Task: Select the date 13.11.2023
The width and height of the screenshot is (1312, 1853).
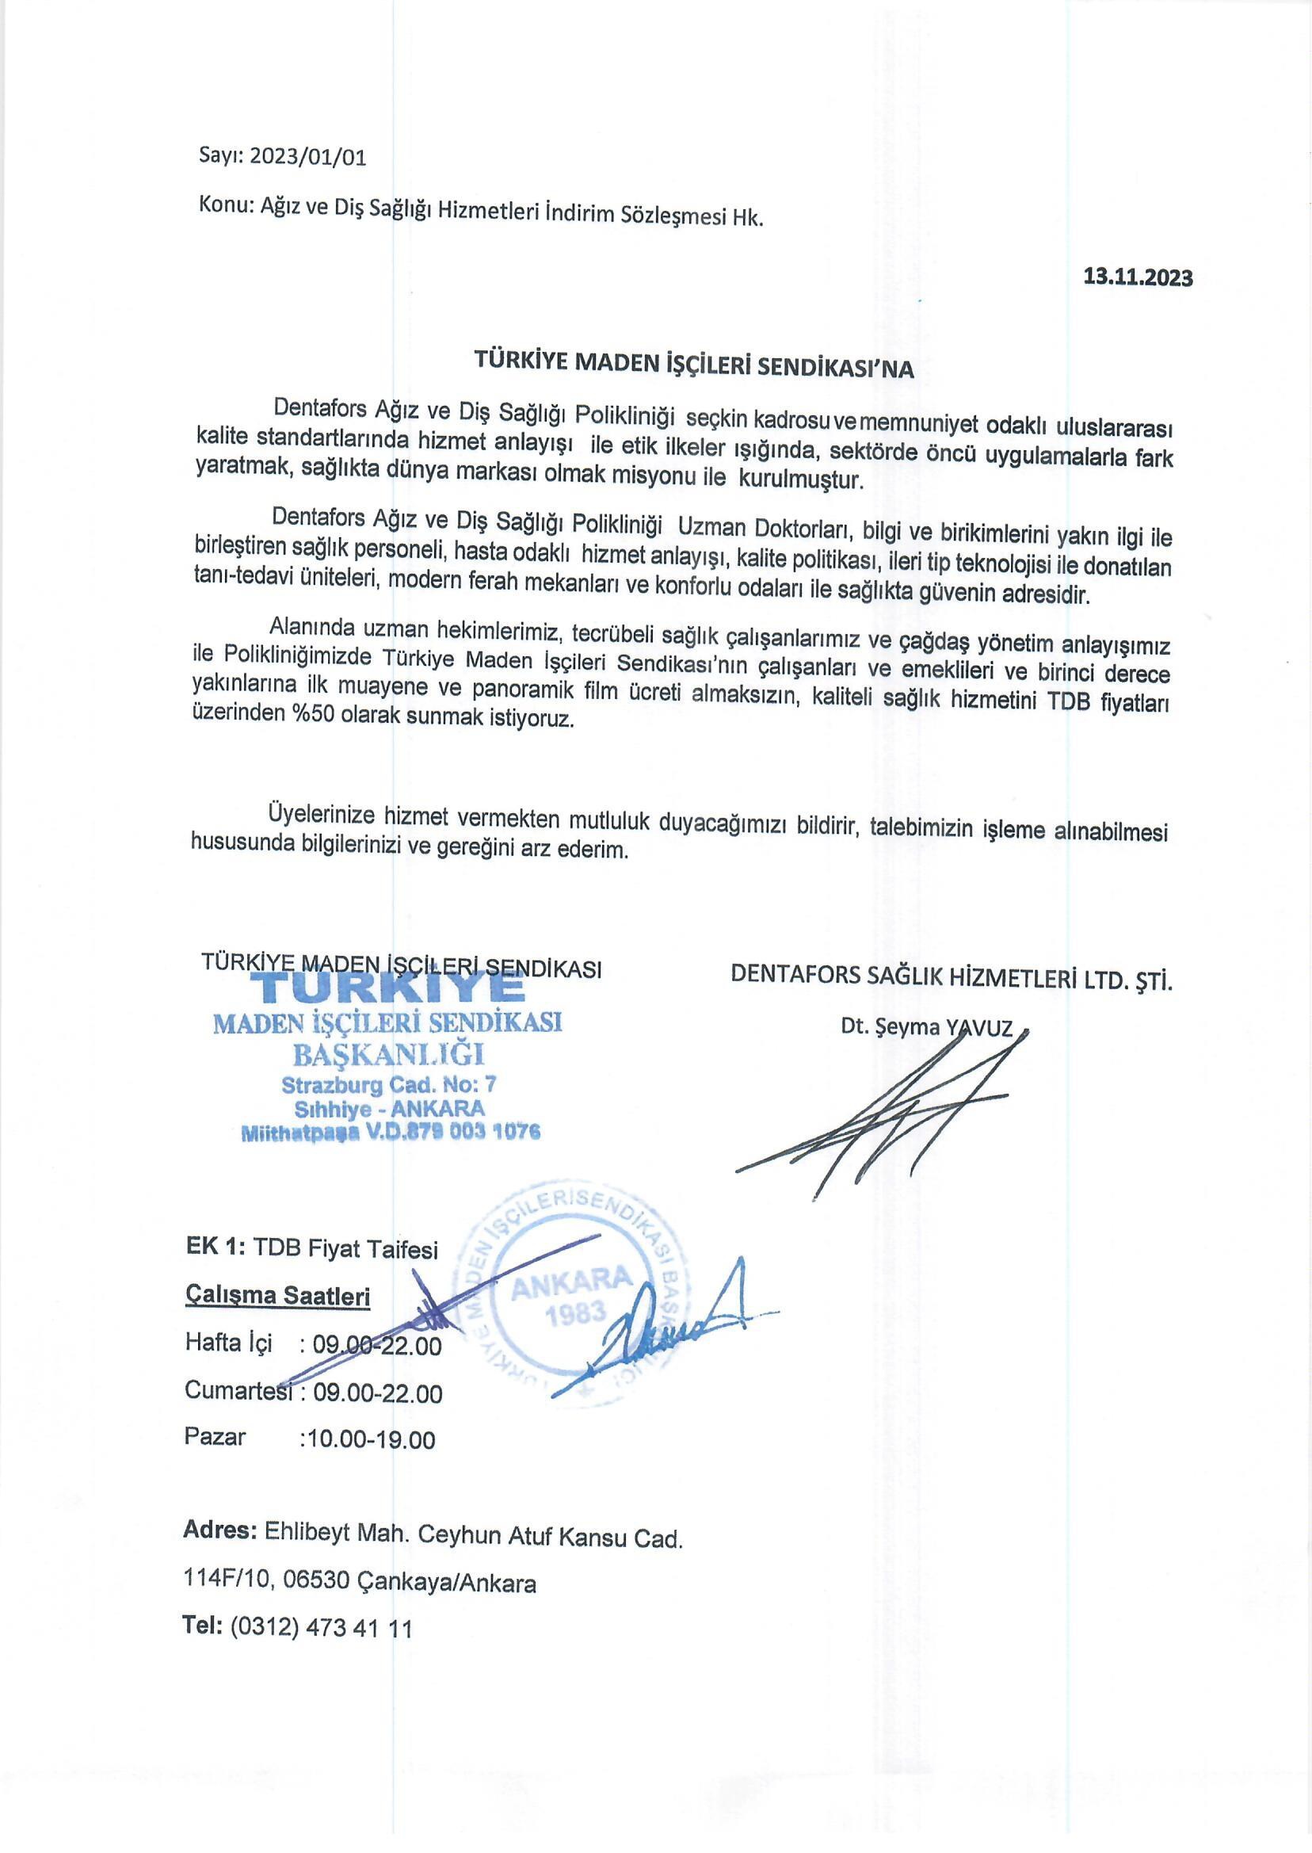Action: pyautogui.click(x=1137, y=277)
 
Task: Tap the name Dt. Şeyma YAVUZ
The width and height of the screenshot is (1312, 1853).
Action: pyautogui.click(x=926, y=1027)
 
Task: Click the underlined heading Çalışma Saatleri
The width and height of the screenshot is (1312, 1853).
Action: pyautogui.click(x=278, y=1297)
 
